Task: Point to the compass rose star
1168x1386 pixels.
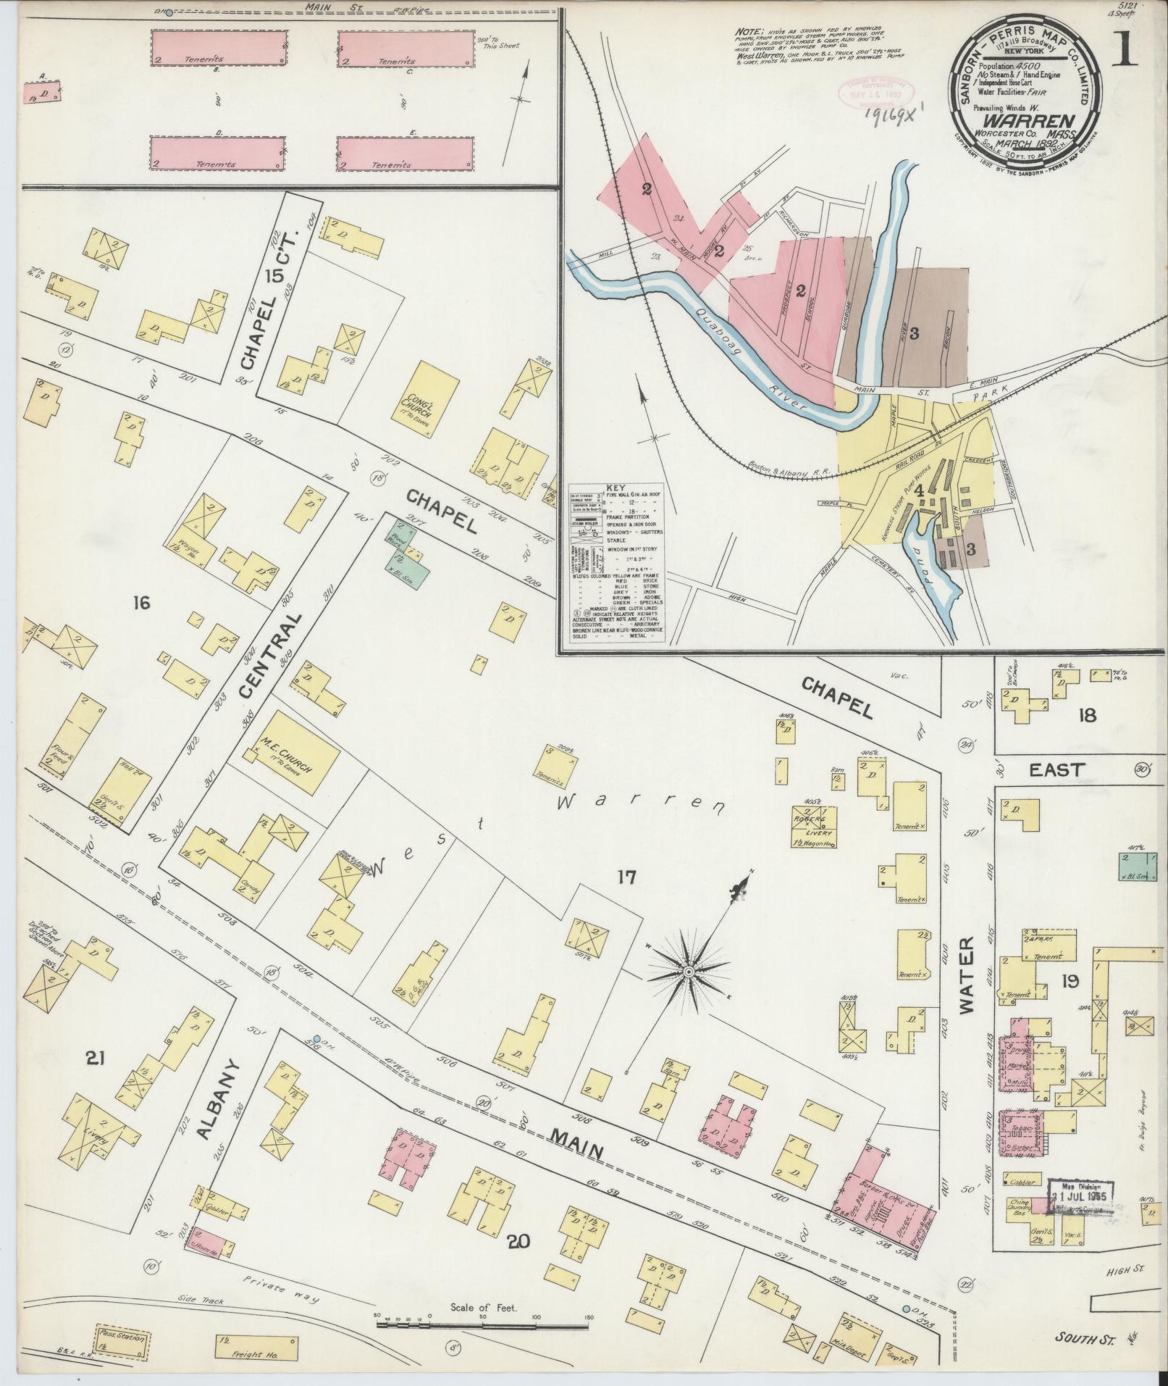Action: click(x=689, y=972)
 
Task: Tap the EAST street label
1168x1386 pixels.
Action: click(x=1054, y=770)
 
